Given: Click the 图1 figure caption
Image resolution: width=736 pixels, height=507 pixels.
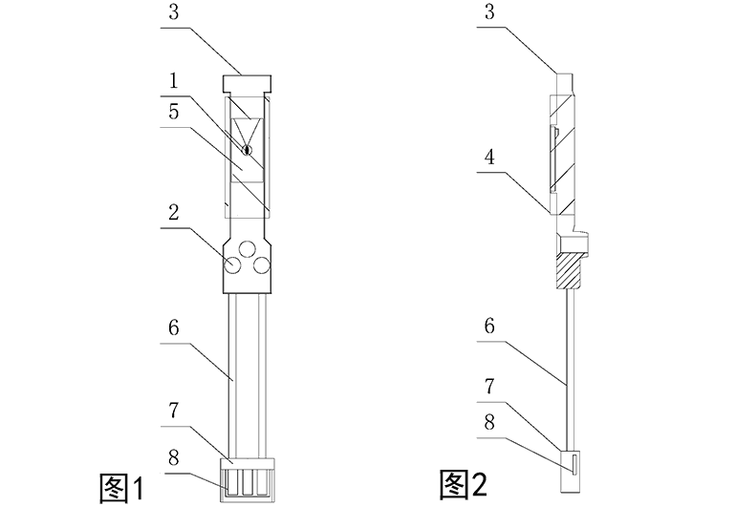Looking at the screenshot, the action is coord(121,488).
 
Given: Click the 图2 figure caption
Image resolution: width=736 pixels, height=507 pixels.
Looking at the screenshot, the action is coord(464,484).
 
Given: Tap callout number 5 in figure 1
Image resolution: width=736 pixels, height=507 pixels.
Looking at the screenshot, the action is coord(174,112).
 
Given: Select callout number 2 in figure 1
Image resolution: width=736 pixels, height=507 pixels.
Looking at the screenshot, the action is coord(174,213).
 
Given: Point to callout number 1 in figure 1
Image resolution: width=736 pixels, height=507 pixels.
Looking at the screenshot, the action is coord(174,81).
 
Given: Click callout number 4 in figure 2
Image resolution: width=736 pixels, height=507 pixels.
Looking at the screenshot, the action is coord(489,158).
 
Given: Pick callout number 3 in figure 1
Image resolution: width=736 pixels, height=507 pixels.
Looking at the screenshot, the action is coord(174,12).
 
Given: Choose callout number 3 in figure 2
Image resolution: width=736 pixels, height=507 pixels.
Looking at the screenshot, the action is coord(489,12).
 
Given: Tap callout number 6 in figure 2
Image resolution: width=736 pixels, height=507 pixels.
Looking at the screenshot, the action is coord(489,326).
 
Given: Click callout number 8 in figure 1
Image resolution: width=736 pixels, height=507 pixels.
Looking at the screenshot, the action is coord(174,457).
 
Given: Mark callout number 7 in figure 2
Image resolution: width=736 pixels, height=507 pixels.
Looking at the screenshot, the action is coord(489,386).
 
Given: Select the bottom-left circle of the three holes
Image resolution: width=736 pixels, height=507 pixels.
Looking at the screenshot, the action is coord(232,265).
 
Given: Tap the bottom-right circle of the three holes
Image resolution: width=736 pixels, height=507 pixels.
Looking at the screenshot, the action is coord(262,265).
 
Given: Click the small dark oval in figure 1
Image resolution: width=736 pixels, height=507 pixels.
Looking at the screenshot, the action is coord(246,150).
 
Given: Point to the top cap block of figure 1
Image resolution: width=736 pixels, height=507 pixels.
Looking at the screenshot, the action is coord(247,84).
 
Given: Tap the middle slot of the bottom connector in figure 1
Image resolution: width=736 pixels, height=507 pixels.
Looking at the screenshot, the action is coord(247,484).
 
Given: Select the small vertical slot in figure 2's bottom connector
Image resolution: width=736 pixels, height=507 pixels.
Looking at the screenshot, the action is coord(574,463).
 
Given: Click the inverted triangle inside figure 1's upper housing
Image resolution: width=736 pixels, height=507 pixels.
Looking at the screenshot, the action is coord(247,131).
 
